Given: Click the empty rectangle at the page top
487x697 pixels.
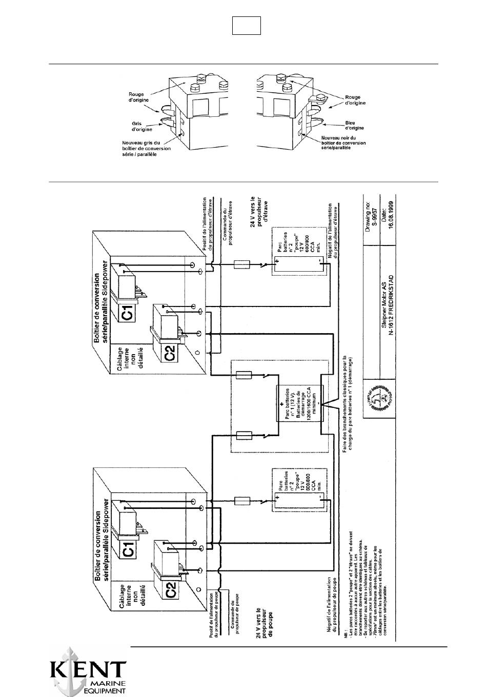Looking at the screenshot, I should pos(247,26).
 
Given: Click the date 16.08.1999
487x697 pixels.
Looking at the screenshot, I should pos(392,211).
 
